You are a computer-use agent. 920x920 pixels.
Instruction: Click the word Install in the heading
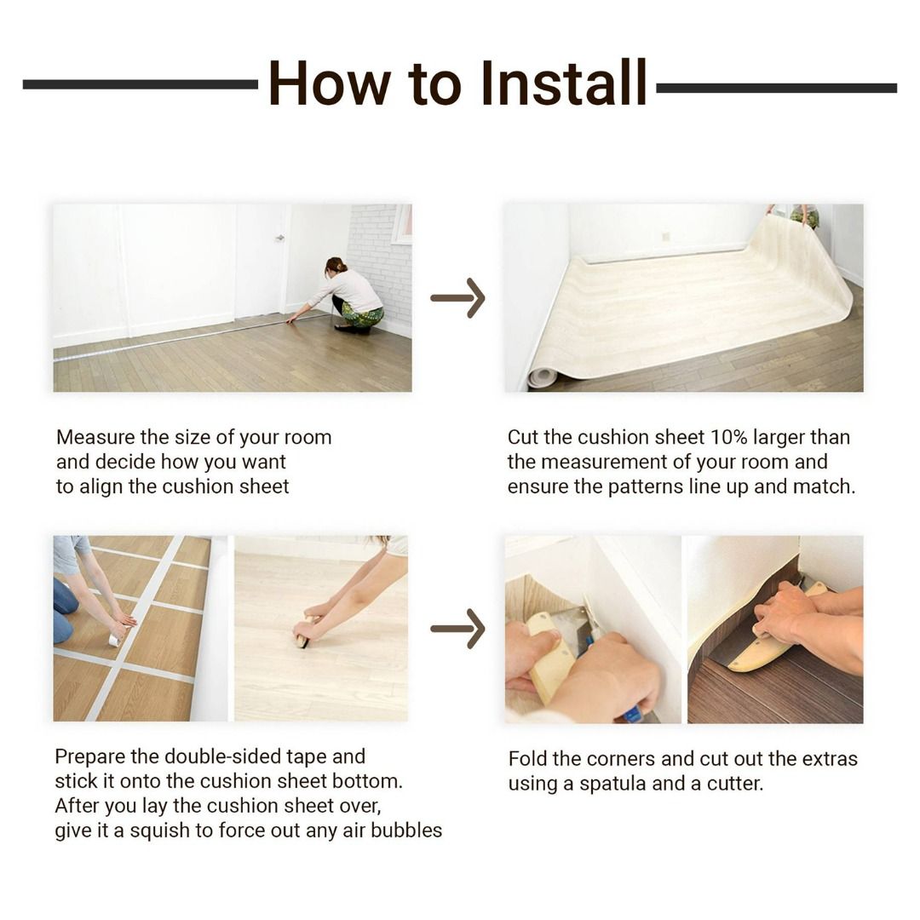click(563, 83)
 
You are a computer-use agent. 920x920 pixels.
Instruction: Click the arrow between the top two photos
click(457, 298)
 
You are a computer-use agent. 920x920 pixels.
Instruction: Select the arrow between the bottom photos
click(457, 629)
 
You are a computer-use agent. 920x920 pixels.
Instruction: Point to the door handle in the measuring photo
click(280, 238)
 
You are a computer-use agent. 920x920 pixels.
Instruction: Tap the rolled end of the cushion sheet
click(541, 377)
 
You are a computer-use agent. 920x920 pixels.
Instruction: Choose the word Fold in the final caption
click(527, 759)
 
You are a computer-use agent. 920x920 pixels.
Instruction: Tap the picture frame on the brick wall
click(402, 223)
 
